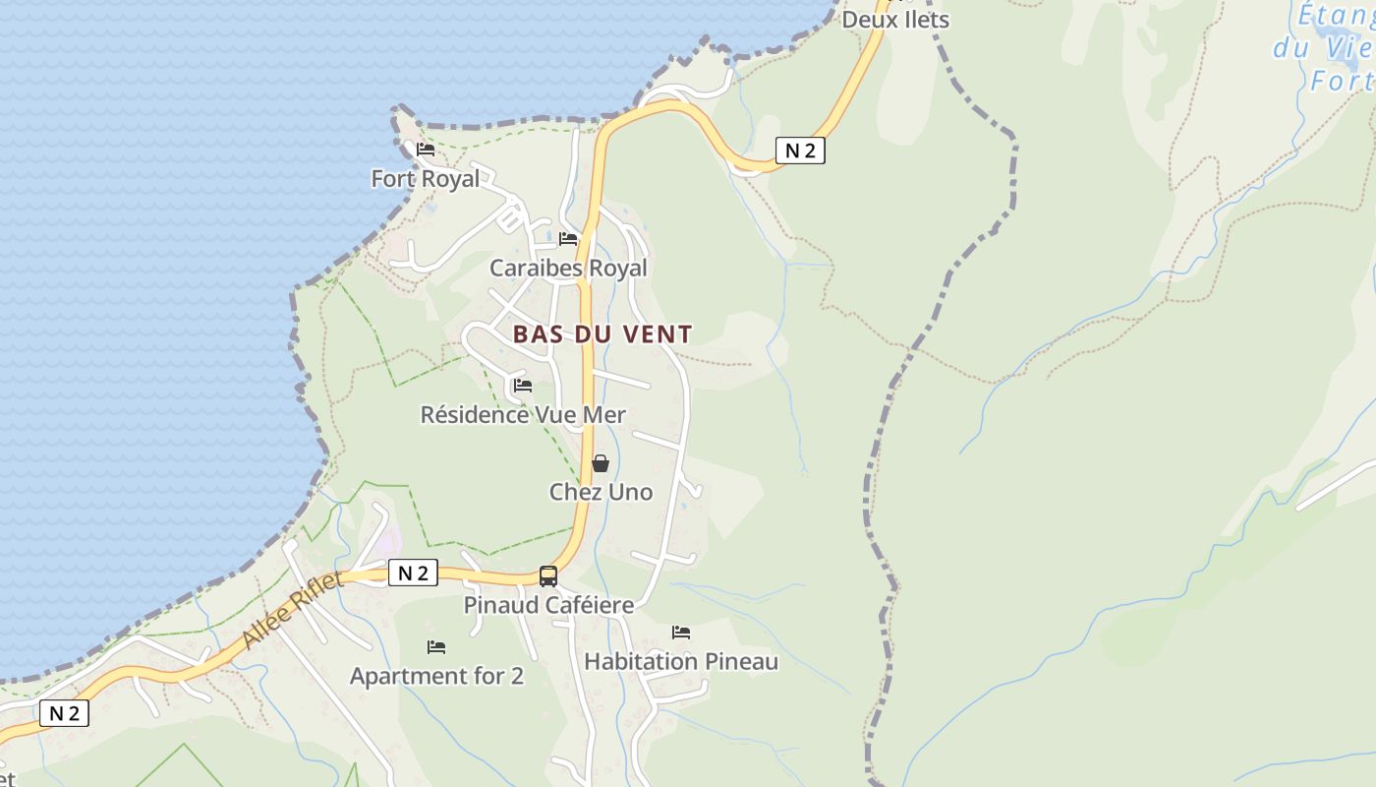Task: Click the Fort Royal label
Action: click(426, 178)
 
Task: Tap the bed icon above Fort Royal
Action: click(426, 150)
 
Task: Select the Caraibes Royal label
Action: click(568, 268)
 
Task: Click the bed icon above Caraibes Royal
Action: click(568, 238)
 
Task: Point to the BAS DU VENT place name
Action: click(602, 334)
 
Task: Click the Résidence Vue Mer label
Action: click(523, 415)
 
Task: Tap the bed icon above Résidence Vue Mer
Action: click(523, 386)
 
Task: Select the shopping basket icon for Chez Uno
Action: click(601, 463)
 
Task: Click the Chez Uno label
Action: click(601, 492)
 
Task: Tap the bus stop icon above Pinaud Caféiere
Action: click(548, 576)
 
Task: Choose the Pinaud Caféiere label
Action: click(548, 605)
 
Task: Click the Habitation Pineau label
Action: click(681, 661)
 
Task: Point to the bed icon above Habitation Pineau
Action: click(681, 632)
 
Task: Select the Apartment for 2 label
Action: click(436, 676)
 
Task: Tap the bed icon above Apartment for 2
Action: click(436, 647)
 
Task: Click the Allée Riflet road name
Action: click(293, 610)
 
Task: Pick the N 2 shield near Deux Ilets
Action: click(800, 151)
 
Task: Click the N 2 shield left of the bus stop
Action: click(413, 573)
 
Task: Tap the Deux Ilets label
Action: click(895, 20)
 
